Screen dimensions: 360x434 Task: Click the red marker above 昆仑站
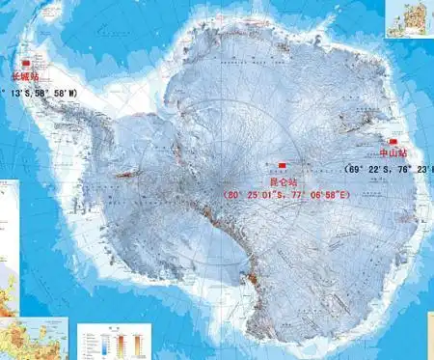pos(282,165)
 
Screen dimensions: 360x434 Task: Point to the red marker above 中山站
pos(393,140)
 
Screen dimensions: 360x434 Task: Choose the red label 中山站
pos(393,153)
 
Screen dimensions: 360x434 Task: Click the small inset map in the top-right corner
pos(409,18)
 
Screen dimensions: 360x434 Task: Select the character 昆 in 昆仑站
pos(273,180)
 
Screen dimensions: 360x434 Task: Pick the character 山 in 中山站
pos(393,153)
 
